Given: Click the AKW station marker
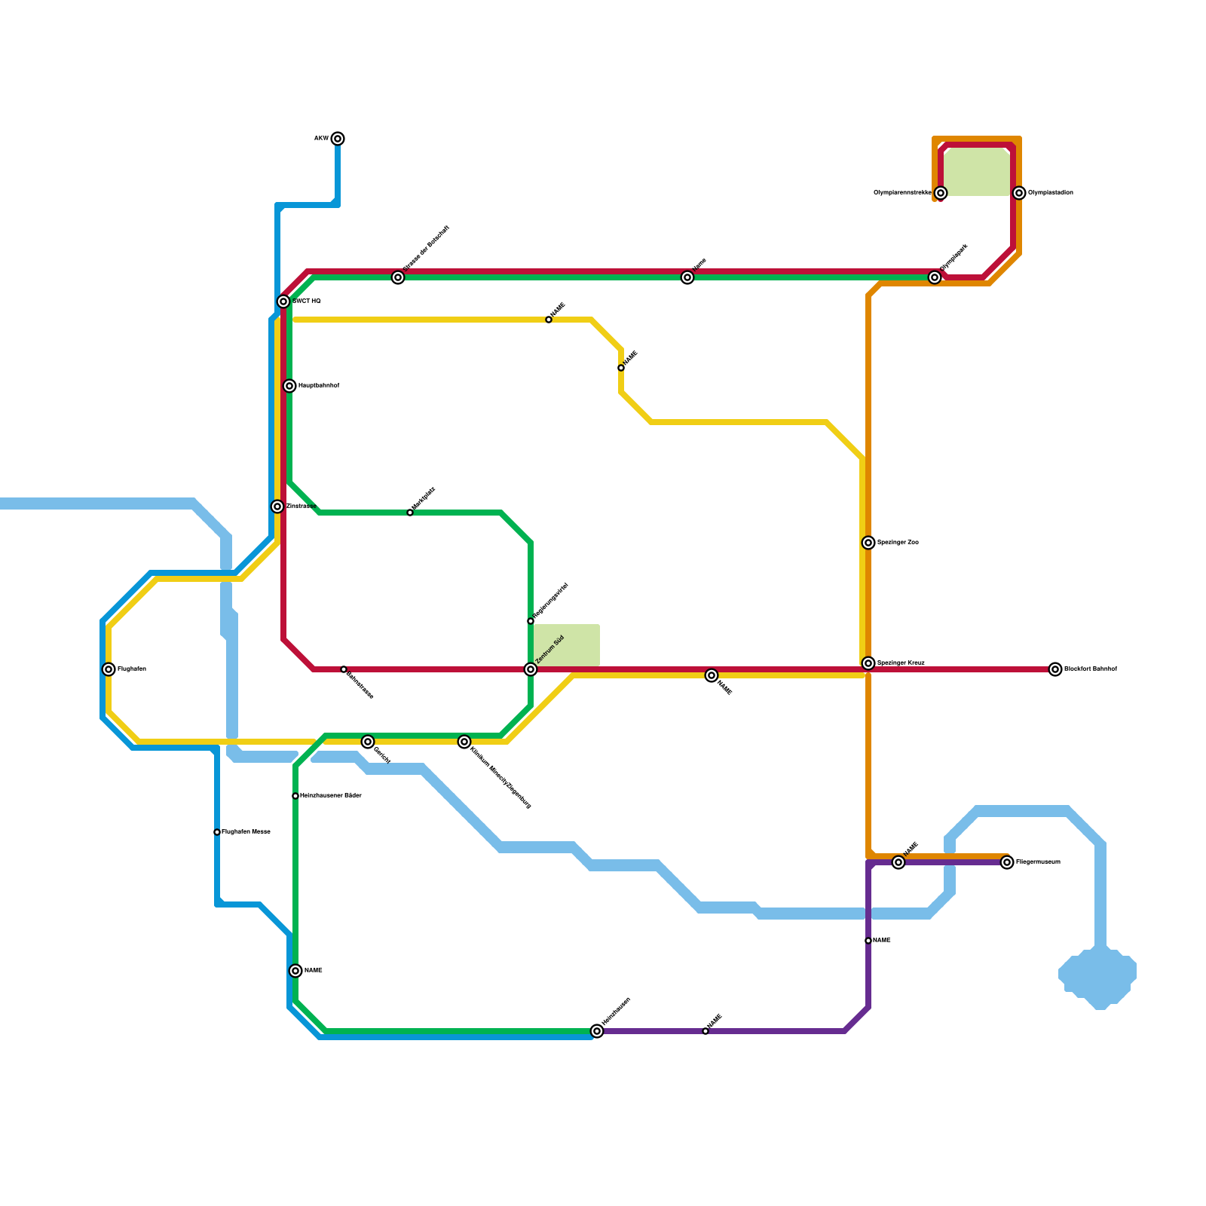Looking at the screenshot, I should [338, 139].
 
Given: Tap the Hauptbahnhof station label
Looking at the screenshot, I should [319, 386].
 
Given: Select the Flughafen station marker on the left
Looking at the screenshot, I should [109, 669].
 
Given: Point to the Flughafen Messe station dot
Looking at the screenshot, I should [217, 832].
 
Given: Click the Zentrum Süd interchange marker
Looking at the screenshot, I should [531, 669].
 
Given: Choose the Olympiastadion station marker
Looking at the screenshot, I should [1019, 193].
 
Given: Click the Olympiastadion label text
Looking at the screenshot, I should [1051, 193].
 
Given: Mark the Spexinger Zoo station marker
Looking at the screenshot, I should [868, 543].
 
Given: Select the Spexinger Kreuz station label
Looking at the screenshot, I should [901, 663].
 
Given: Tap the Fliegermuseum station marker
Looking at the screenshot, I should [1007, 862].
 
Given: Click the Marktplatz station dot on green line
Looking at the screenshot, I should [410, 513].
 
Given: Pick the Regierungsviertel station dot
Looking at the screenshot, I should [531, 621].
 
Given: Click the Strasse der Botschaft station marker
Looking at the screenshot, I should [398, 277].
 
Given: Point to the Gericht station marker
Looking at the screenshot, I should [368, 742].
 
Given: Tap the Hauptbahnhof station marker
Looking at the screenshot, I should [289, 386].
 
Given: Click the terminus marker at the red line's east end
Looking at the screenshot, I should [1055, 669].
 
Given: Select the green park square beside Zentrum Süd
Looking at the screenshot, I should [567, 645].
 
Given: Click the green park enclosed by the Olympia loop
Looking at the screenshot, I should [977, 172].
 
